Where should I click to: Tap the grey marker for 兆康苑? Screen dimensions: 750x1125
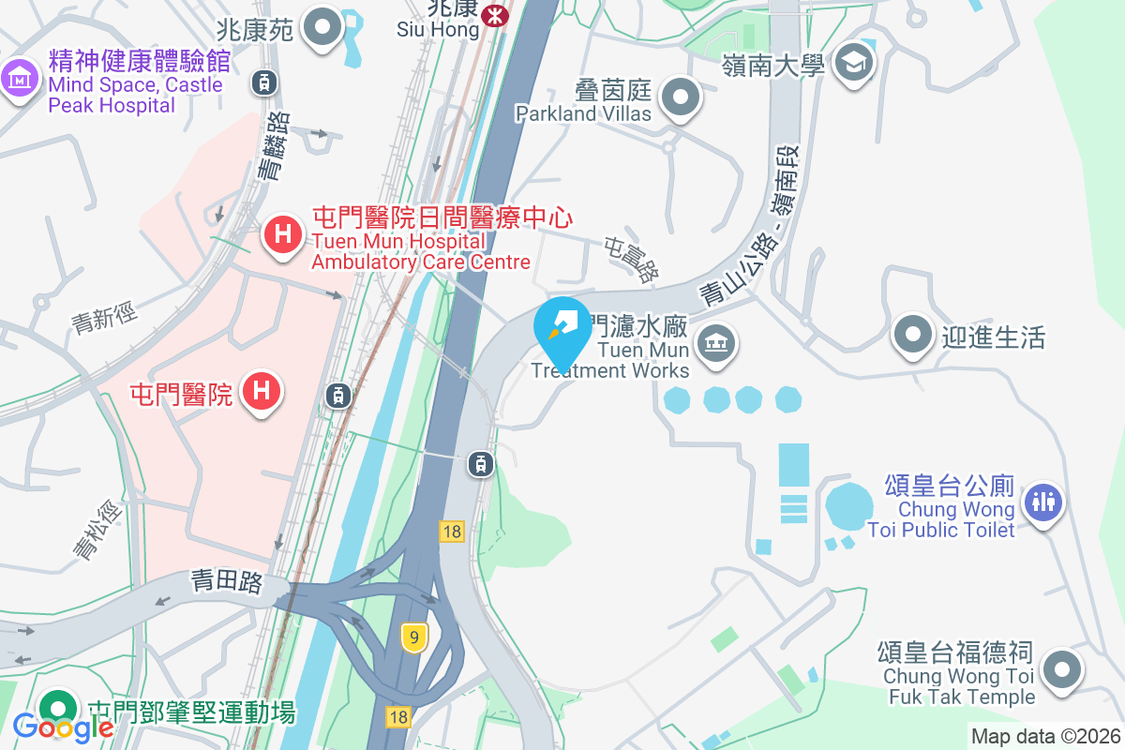tap(325, 28)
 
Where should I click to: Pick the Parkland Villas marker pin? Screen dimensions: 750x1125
tap(681, 97)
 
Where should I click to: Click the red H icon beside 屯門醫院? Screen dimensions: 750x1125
tap(262, 390)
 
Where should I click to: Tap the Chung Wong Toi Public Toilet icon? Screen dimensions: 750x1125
tap(1042, 500)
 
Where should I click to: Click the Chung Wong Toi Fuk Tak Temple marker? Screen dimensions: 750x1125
tap(1061, 670)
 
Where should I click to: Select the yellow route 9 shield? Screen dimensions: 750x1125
tap(412, 637)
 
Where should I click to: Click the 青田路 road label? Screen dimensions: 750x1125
tap(225, 582)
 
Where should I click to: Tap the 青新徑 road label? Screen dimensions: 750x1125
tap(105, 318)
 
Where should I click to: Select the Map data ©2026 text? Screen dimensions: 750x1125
tap(1045, 737)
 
